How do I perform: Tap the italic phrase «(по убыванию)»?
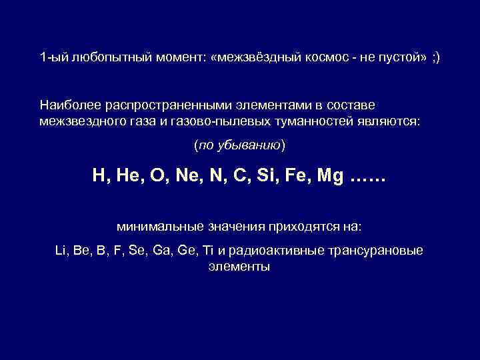tap(239, 145)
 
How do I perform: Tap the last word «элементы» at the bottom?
tap(239, 266)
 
